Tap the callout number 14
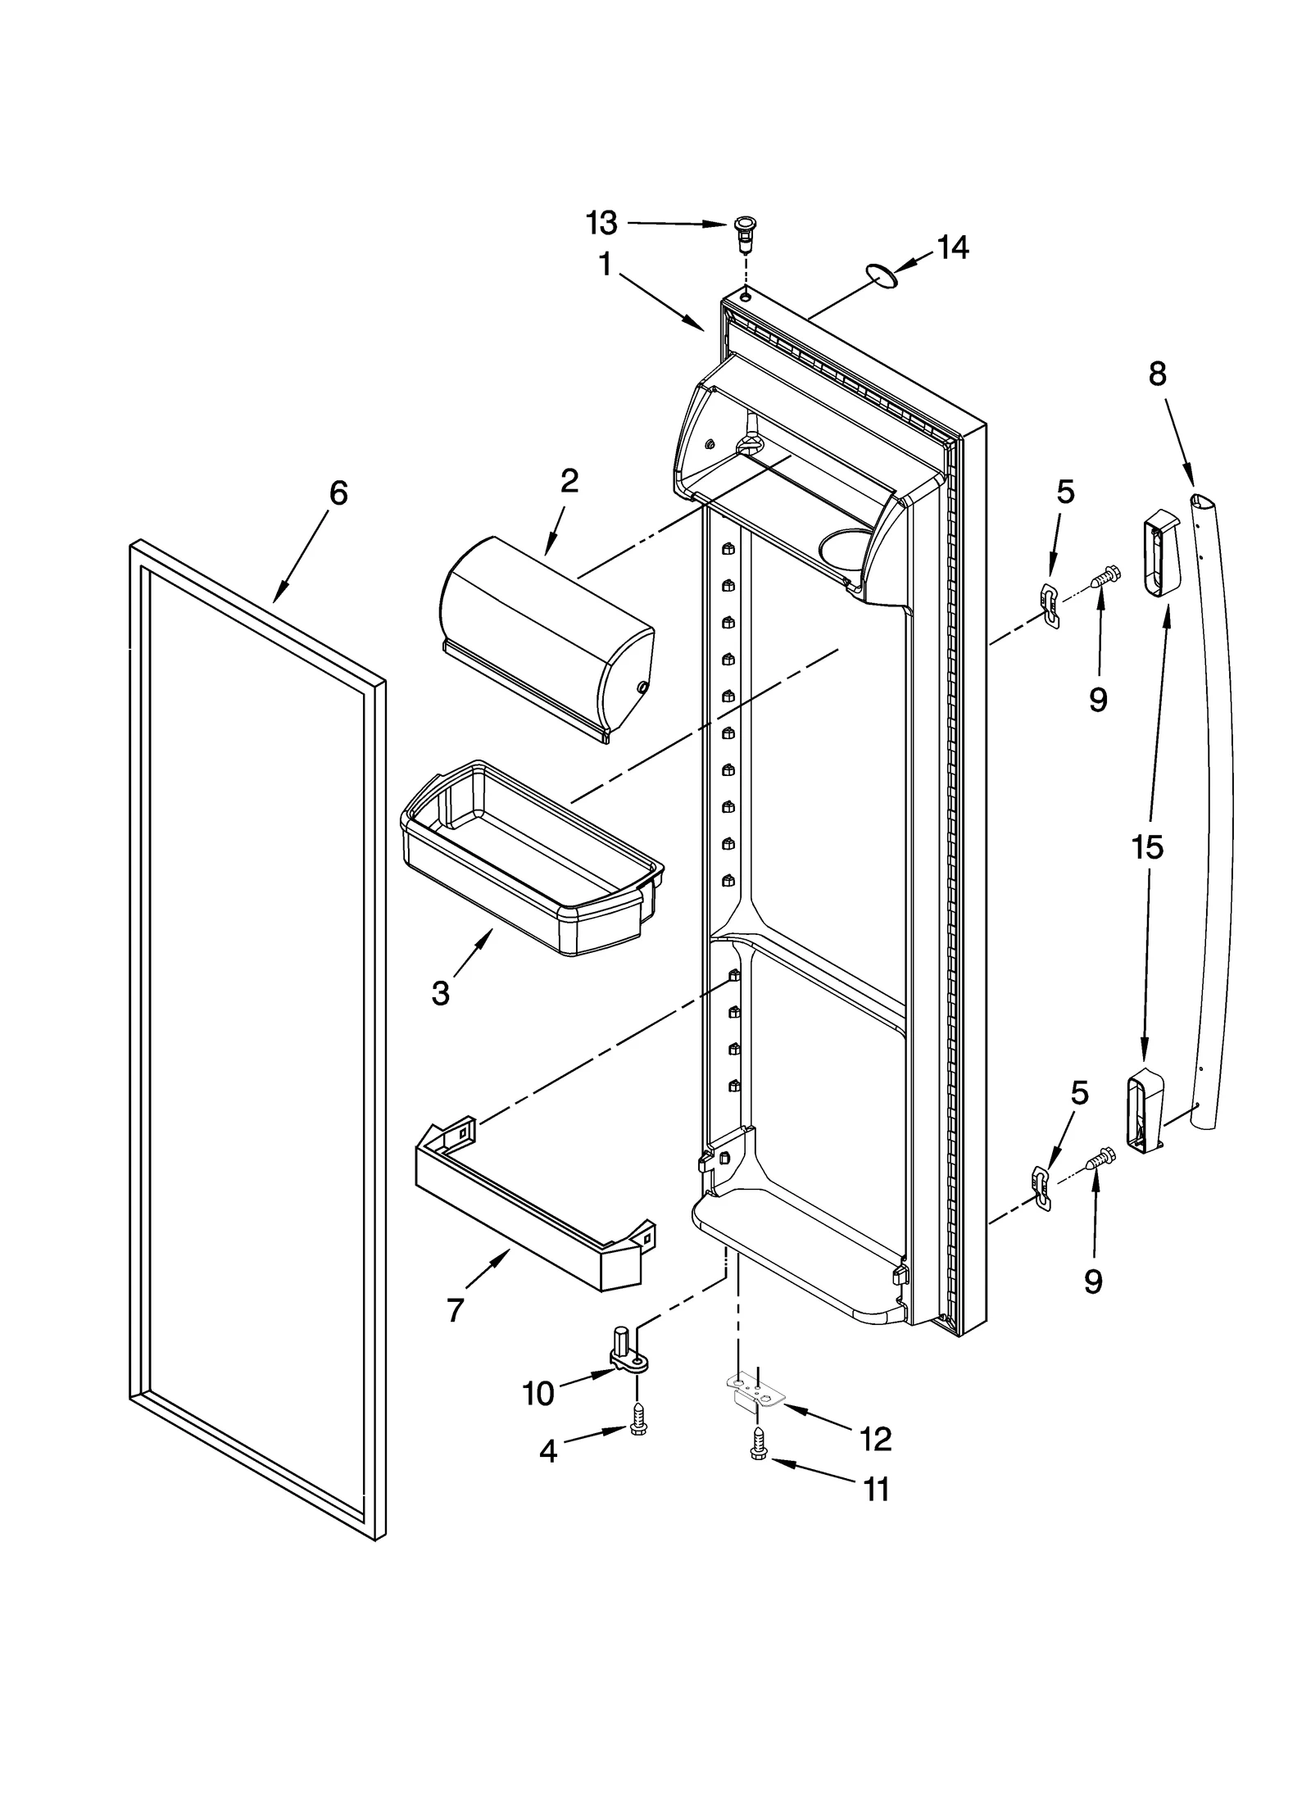coord(952,247)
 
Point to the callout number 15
coord(1147,847)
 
